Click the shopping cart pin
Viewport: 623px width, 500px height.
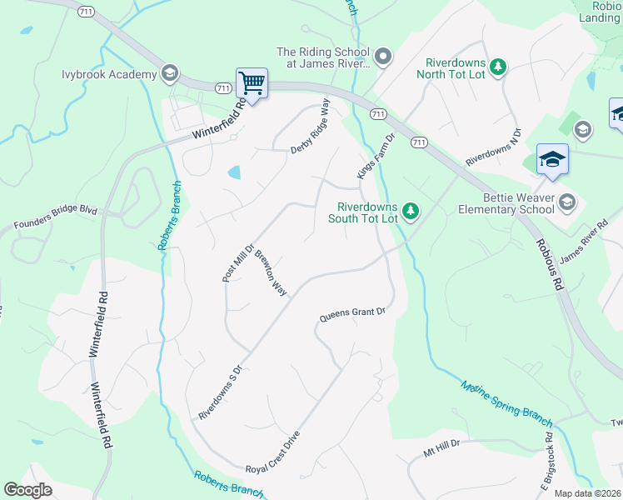click(x=252, y=83)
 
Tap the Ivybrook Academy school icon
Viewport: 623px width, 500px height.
click(x=171, y=73)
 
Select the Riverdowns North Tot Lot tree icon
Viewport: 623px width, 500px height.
click(x=497, y=66)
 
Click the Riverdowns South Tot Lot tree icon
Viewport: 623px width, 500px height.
click(x=410, y=212)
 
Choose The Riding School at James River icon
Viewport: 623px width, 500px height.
click(x=383, y=57)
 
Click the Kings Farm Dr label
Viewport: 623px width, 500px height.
click(x=376, y=156)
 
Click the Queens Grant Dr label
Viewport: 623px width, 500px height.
click(x=352, y=315)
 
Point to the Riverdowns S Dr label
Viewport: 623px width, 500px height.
click(x=219, y=392)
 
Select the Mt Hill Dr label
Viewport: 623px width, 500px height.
click(x=441, y=450)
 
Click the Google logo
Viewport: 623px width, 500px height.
click(x=28, y=490)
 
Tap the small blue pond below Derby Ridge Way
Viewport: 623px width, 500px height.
click(x=234, y=172)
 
